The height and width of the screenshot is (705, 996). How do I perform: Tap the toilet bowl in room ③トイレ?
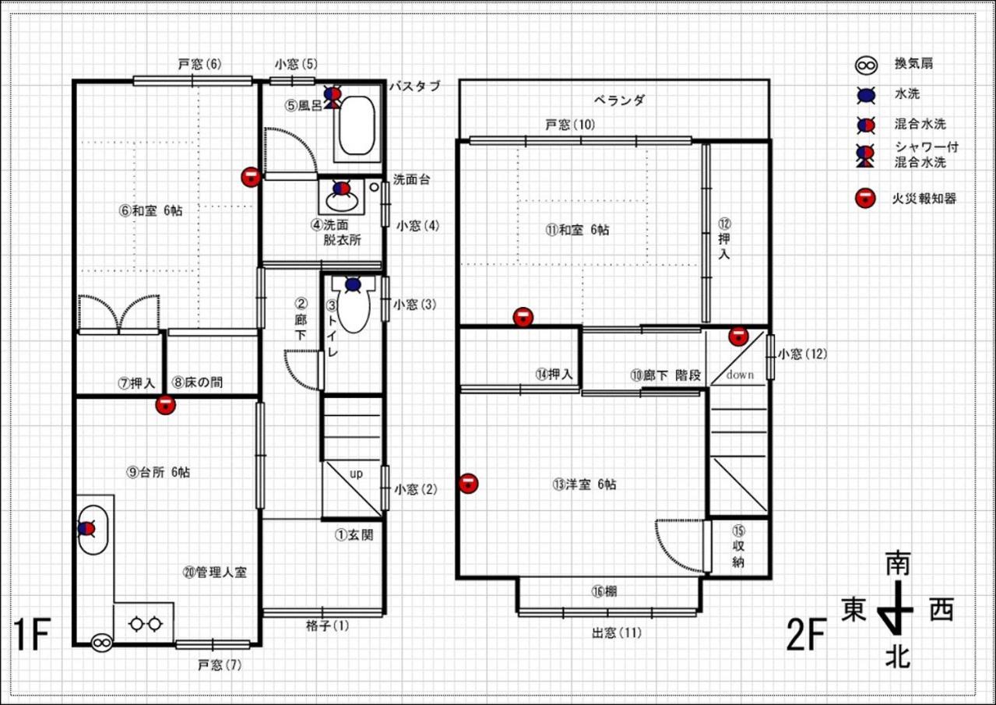pos(354,306)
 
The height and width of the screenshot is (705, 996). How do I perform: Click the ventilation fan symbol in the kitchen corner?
pos(101,643)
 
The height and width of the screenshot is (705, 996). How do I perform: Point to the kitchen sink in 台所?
pos(93,530)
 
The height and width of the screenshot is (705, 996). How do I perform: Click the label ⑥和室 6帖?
pos(151,210)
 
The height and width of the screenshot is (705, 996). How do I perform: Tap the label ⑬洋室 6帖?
pos(584,484)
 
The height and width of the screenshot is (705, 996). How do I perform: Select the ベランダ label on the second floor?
pos(619,100)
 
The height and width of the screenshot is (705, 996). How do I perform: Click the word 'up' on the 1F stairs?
pos(356,474)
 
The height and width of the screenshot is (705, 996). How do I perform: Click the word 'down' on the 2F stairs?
pos(740,375)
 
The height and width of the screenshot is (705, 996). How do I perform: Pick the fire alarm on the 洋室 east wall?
pos(468,484)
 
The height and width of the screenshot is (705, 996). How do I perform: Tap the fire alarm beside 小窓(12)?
pos(738,336)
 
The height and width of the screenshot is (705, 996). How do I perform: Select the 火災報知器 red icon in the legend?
pos(865,198)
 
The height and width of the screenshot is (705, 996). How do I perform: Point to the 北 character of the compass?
pos(898,657)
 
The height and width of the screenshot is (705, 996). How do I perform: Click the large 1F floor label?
pos(31,635)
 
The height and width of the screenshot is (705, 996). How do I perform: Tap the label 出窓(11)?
pos(617,633)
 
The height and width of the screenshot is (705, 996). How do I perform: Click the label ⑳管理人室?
pos(215,572)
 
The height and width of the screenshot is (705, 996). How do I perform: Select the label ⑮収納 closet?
pos(738,547)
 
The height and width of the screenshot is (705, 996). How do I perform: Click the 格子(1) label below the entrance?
pos(328,626)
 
